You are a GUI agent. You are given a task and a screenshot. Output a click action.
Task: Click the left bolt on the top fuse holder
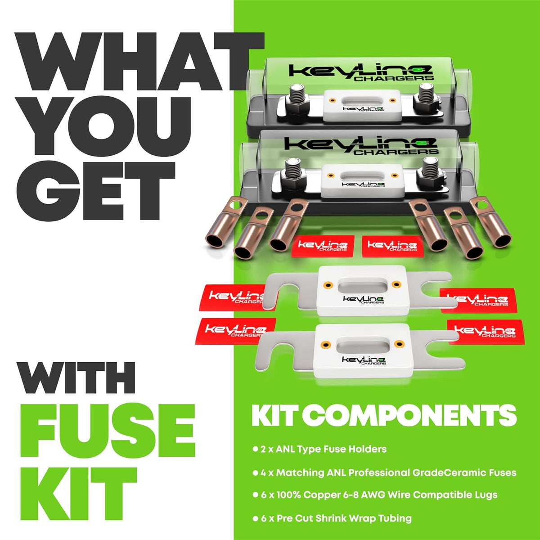coord(297,95)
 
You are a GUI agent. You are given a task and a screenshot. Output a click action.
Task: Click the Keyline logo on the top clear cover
coord(360,72)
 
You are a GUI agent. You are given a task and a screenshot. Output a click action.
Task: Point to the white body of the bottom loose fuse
coord(363,353)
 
